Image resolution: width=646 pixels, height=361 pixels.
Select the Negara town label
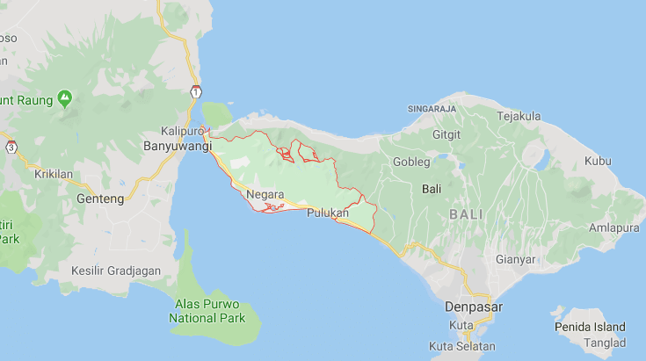(265, 194)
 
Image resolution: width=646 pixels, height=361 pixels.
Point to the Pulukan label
(328, 213)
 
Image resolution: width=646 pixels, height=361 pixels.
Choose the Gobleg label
(411, 162)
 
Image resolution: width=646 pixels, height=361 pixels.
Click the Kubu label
(597, 161)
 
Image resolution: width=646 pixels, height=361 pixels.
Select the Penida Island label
(592, 327)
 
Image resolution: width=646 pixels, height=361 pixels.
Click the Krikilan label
(54, 174)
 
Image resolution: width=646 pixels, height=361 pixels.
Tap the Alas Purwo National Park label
(207, 311)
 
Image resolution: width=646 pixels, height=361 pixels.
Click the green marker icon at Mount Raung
(65, 97)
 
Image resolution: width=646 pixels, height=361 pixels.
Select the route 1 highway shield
(195, 91)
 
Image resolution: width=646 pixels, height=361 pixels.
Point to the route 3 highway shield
(11, 147)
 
